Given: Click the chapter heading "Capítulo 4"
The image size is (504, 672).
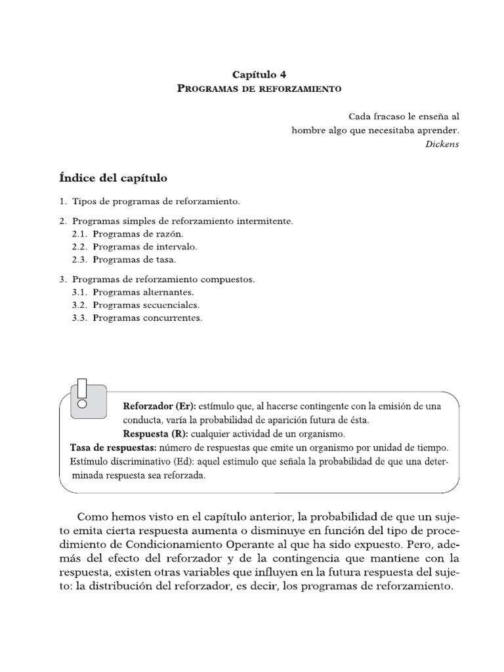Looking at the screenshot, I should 260,75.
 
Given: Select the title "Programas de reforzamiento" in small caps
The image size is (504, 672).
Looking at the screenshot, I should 260,88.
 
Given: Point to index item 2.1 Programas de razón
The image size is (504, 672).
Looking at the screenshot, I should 129,234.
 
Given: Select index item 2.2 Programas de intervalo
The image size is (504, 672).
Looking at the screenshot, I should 135,247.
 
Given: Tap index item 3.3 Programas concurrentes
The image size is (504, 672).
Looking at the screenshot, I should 138,318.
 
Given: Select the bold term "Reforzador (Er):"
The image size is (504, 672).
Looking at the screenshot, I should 159,406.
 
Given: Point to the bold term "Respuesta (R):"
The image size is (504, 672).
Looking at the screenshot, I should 156,434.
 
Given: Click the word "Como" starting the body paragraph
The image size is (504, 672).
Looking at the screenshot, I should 91,516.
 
